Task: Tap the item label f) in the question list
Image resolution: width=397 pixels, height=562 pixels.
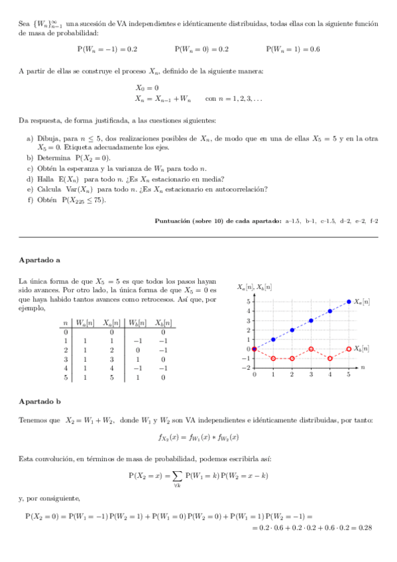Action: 30,199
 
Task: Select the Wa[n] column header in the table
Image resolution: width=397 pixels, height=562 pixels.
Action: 85,323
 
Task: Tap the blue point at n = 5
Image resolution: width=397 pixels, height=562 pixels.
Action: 349,302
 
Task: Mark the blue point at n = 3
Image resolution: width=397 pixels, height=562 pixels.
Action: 312,321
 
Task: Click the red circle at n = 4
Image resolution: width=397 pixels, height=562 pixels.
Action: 330,359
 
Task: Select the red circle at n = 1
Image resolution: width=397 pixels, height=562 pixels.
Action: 273,359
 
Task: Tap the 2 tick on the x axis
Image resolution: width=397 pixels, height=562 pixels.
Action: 292,375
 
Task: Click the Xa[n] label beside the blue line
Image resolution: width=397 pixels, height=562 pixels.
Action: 362,302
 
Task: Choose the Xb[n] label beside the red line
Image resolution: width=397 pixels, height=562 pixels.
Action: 362,349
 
